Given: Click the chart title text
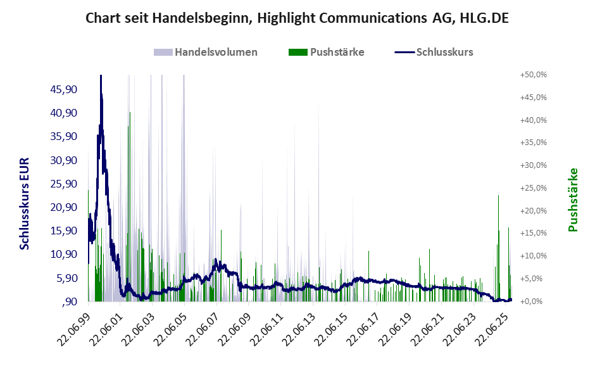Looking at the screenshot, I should [297, 19].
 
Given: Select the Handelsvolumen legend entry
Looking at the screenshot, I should [216, 52].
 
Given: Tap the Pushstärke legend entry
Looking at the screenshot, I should [337, 52].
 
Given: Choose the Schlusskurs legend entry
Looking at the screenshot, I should [444, 52].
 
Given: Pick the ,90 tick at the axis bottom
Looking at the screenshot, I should [70, 301].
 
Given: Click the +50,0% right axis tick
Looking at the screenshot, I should [533, 75].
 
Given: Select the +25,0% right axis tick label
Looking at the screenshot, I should [533, 188].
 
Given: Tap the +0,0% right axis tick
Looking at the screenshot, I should [535, 301].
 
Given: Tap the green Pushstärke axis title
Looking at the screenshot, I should [573, 200].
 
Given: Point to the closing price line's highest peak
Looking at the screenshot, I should [101, 76].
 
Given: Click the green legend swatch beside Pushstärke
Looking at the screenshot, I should [297, 52].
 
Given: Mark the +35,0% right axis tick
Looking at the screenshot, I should [533, 143].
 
